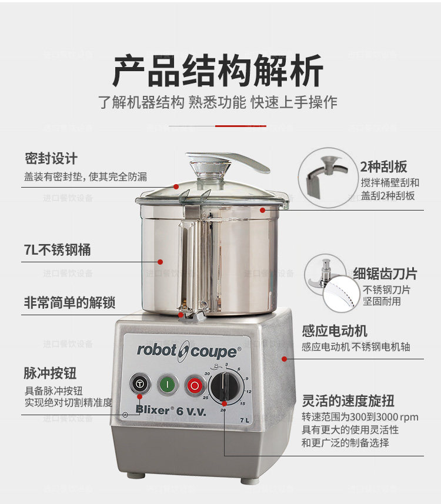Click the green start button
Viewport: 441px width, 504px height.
(x=168, y=384)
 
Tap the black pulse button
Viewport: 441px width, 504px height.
(x=140, y=383)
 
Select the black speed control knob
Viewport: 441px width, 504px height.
(x=225, y=387)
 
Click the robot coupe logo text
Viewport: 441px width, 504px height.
(x=189, y=351)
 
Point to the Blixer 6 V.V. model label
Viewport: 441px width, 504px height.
(x=171, y=410)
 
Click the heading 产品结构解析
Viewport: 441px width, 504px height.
(x=218, y=71)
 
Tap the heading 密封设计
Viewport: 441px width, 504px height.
(x=51, y=158)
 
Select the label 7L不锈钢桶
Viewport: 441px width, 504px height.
(x=57, y=250)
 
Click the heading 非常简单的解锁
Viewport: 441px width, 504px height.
(x=69, y=302)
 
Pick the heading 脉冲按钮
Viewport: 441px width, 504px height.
(x=50, y=373)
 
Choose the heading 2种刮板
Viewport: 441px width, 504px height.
(x=383, y=166)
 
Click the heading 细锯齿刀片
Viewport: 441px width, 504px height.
(x=385, y=274)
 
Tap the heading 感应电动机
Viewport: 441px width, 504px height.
(x=335, y=331)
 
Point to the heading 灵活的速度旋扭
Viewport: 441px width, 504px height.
(x=348, y=401)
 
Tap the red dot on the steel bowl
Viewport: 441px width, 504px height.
(x=160, y=262)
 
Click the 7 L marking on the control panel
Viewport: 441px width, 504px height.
(x=244, y=420)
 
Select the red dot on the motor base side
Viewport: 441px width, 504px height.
(x=284, y=359)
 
